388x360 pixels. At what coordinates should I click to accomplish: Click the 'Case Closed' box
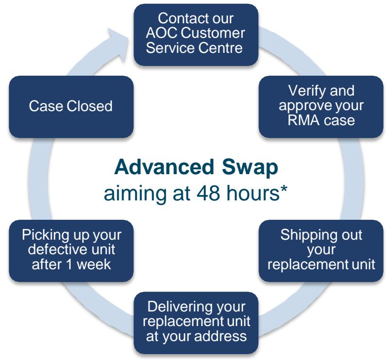coord(71,107)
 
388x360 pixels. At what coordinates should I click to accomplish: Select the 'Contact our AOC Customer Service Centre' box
coord(196,35)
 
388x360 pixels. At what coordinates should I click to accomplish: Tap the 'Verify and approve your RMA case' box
coord(321,107)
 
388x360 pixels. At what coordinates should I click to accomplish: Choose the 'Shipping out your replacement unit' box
coord(321,251)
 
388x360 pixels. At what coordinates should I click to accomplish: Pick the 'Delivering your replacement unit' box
coord(196,323)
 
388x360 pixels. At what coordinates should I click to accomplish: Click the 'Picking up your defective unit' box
coord(71,251)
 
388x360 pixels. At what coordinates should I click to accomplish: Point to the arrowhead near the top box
coord(118,45)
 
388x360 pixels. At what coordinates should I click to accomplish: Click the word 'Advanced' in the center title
coord(164,167)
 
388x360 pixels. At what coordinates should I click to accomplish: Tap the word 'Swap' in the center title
coord(250,169)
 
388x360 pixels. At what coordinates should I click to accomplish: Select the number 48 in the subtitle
coord(208,193)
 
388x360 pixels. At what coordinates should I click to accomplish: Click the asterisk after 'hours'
coord(284,190)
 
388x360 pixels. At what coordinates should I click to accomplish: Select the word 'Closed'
coord(89,106)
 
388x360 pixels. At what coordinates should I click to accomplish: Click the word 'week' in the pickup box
coord(94,264)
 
